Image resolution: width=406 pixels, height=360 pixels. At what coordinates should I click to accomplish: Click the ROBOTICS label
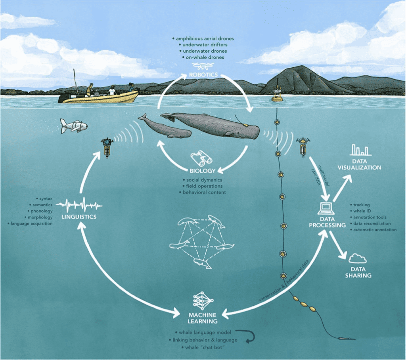(203, 75)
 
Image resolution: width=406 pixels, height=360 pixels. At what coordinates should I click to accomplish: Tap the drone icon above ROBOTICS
(203, 66)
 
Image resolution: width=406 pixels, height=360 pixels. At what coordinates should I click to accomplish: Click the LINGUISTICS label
(79, 217)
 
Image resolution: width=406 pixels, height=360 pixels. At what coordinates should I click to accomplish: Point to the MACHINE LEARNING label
(203, 318)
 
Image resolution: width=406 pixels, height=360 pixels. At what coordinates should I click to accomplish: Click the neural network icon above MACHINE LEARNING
(203, 301)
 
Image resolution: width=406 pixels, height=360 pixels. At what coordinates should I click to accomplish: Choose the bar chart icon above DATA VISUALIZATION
(360, 150)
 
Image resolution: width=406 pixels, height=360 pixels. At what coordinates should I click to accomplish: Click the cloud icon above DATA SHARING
(357, 259)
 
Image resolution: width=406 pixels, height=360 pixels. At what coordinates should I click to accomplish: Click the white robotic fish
(73, 126)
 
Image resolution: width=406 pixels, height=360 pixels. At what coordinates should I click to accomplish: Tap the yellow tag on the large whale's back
(245, 125)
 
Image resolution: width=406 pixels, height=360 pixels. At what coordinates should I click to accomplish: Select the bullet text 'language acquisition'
(30, 223)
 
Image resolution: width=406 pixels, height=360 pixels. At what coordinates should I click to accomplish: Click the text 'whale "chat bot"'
(203, 347)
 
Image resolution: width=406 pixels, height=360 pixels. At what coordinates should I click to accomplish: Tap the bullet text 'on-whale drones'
(203, 57)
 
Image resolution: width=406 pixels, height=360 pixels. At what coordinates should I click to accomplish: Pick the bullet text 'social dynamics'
(203, 180)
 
